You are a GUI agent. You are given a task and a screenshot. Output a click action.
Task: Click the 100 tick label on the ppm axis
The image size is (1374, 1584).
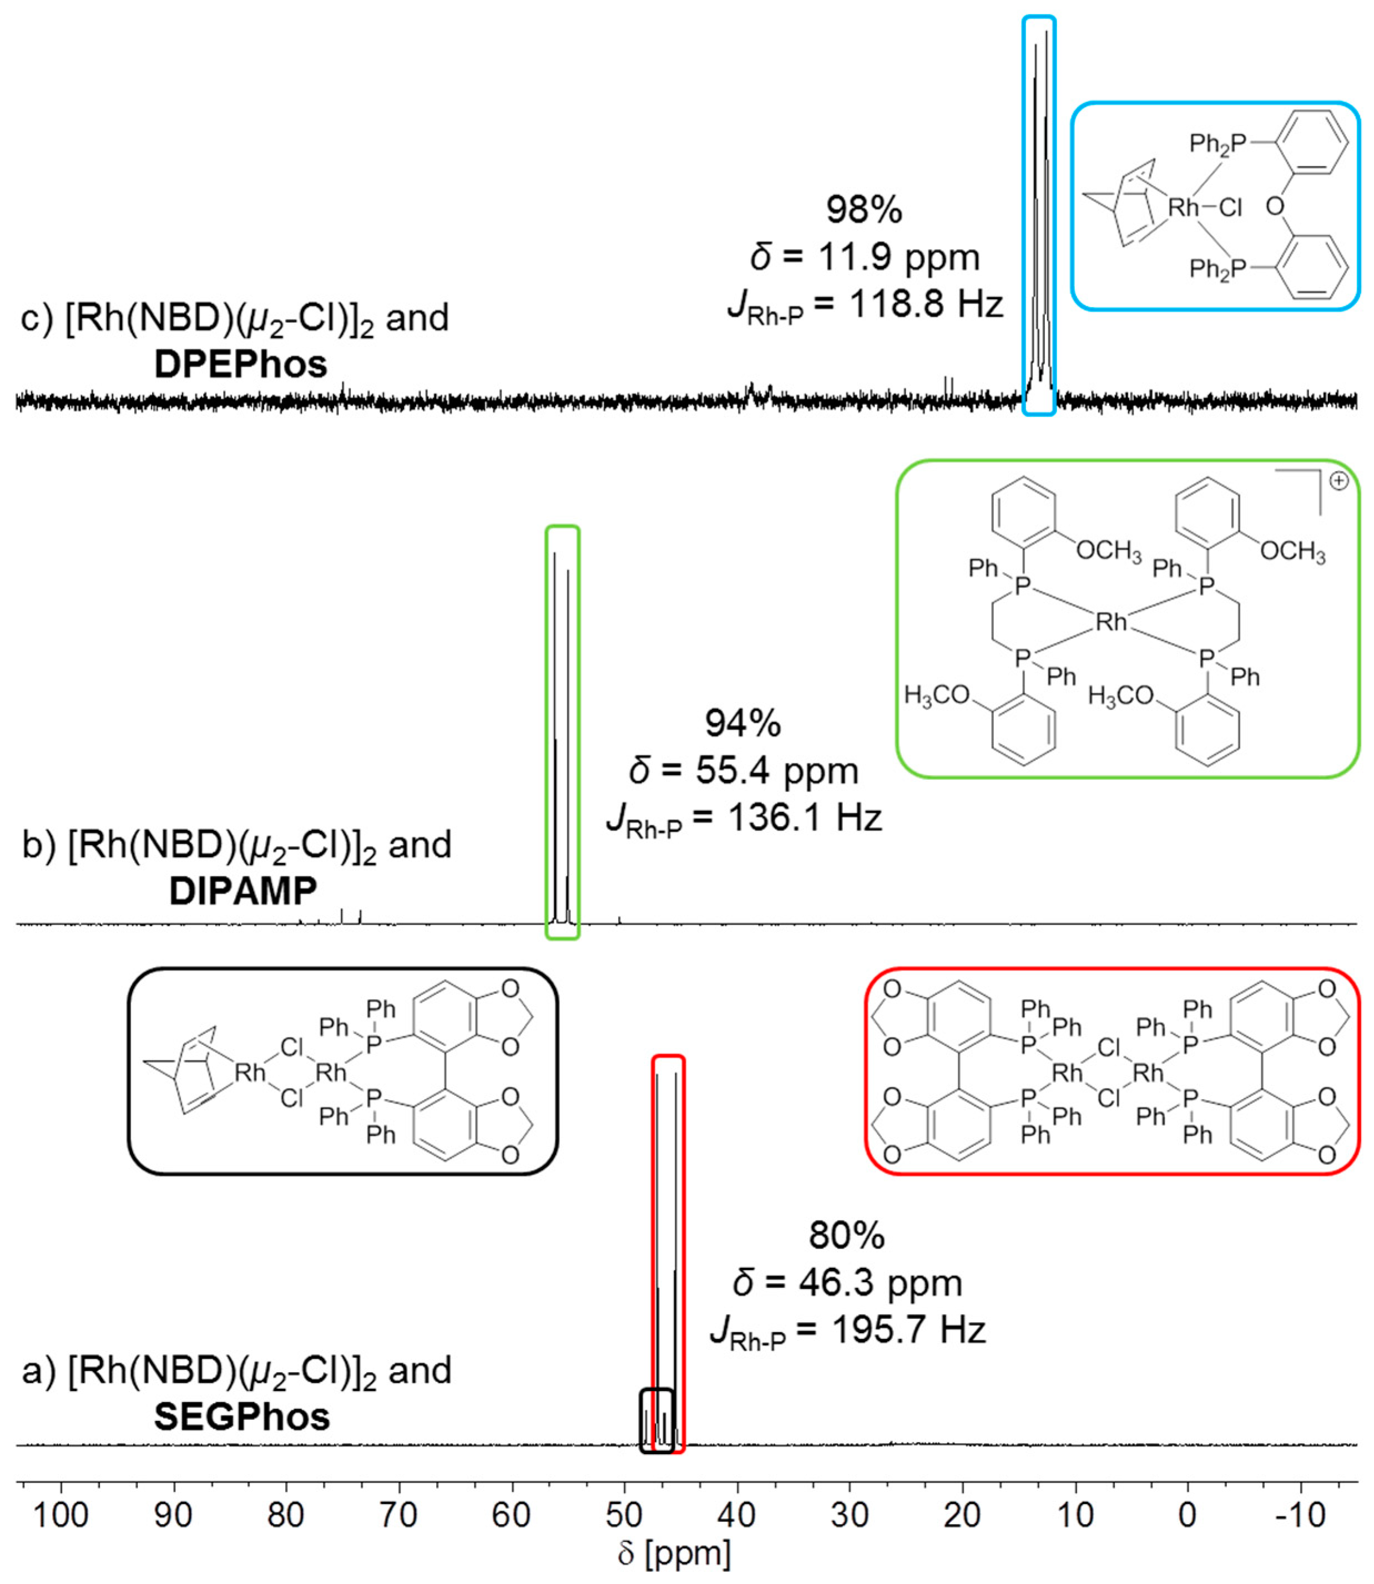click(x=62, y=1514)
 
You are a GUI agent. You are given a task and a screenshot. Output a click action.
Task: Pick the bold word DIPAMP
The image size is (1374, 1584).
click(x=243, y=891)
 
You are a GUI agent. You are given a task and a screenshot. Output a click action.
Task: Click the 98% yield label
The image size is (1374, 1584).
click(x=864, y=209)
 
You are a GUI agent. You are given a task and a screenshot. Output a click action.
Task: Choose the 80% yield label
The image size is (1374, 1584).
click(x=846, y=1235)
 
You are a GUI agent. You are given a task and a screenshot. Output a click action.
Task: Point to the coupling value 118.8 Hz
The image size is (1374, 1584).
click(x=926, y=304)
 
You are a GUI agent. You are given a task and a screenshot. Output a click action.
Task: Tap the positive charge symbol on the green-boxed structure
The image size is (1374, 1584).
click(x=1338, y=481)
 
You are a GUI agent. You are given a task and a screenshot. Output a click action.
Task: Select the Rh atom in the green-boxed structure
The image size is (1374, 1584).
click(x=1111, y=622)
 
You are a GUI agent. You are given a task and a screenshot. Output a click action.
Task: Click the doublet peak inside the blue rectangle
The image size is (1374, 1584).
click(x=1039, y=215)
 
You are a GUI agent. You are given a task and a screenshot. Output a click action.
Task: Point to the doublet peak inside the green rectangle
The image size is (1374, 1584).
click(x=562, y=728)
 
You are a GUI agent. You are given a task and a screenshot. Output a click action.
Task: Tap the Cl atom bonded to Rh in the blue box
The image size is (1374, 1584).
click(x=1230, y=207)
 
